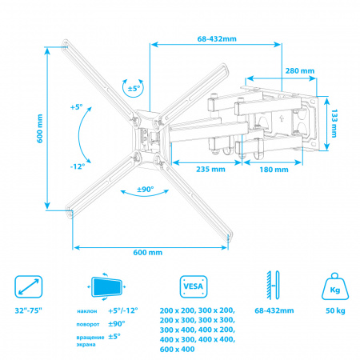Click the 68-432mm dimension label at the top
coord(217,39)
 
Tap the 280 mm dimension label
coord(300,71)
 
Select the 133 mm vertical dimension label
coord(334,123)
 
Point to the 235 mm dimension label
coord(210,170)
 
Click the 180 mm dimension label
coord(274,170)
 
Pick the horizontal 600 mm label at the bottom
coord(148,253)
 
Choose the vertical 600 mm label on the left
coord(40,129)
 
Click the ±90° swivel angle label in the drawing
coord(146,190)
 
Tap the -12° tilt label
coord(78,166)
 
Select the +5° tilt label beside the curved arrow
coord(76,107)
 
